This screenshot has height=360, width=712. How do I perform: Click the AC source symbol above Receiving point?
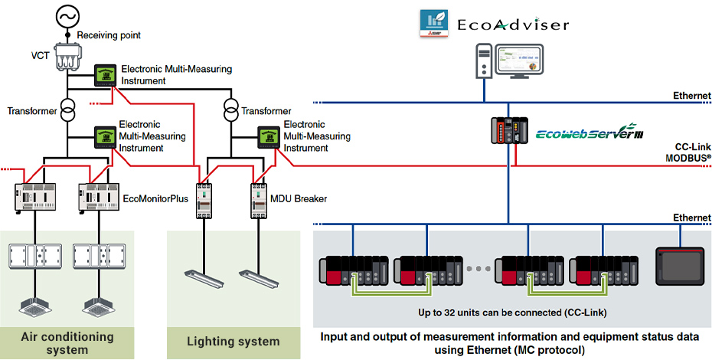[67, 15]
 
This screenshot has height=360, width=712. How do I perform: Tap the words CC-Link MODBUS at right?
[688, 151]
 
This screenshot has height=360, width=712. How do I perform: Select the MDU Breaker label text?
[297, 198]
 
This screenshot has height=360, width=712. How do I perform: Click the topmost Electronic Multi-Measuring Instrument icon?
[105, 75]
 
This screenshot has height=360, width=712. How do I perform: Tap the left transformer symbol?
[67, 111]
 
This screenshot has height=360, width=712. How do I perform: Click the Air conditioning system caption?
[67, 343]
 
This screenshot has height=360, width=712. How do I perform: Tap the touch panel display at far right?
[679, 266]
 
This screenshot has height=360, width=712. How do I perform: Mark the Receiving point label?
[109, 35]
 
